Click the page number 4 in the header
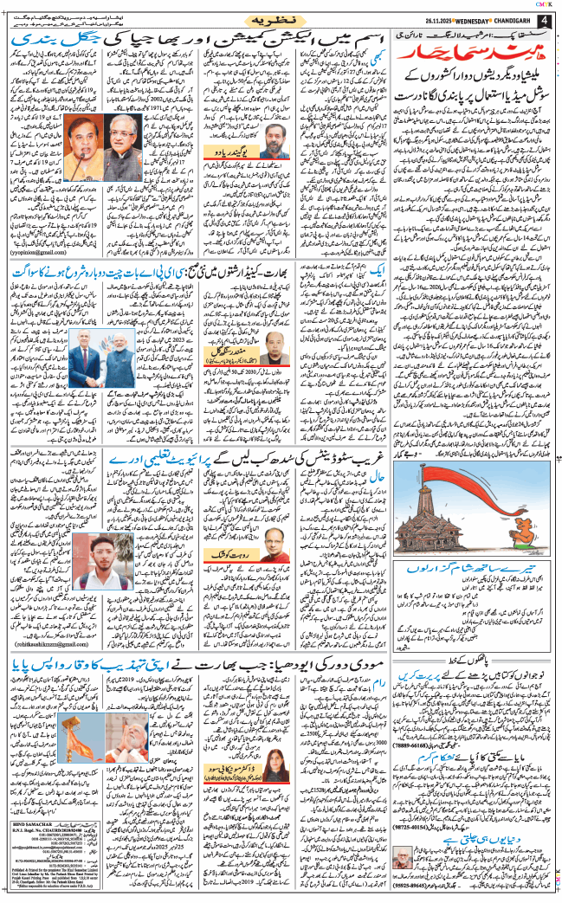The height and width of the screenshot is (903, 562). pyautogui.click(x=545, y=20)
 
